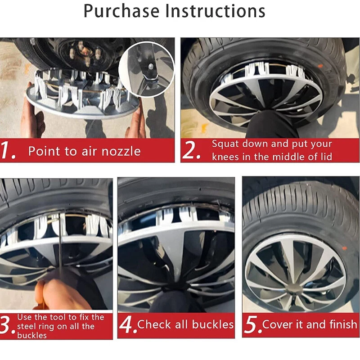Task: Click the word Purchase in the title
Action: tap(121, 11)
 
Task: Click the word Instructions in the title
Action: tap(216, 11)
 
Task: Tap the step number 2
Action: tap(191, 150)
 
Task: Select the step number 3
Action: tap(7, 326)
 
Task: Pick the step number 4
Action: tap(128, 325)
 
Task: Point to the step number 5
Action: tap(252, 325)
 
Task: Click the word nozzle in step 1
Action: tap(121, 151)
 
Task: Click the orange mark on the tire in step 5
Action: tap(344, 248)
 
